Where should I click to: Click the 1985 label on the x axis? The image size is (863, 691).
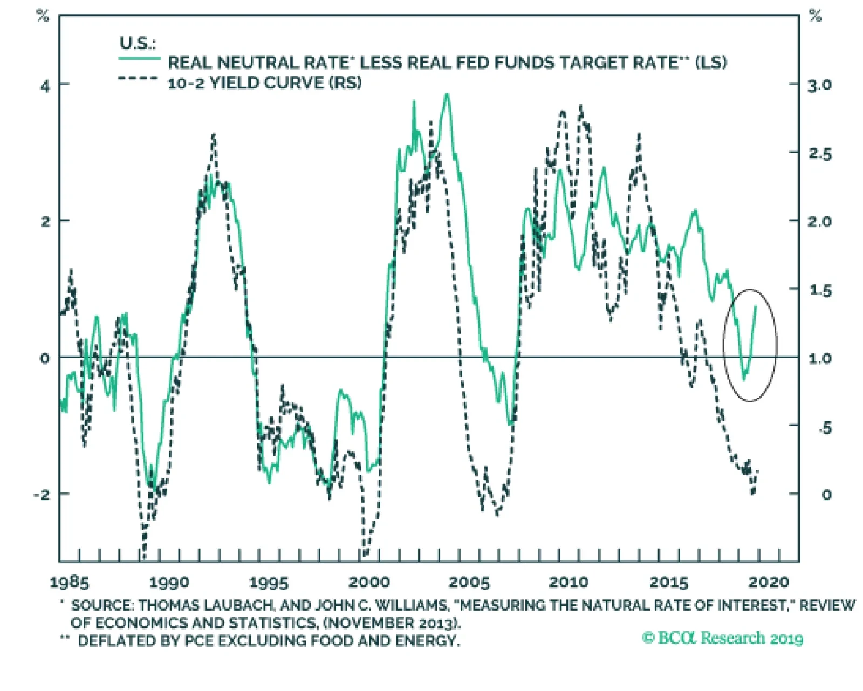pos(69,583)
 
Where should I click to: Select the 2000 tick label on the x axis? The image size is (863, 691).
pos(369,583)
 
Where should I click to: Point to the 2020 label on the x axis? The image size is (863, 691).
pos(769,583)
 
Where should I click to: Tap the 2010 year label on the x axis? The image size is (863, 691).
pos(569,583)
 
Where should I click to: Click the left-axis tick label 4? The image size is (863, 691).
pos(45,86)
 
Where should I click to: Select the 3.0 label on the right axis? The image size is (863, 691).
pos(819,85)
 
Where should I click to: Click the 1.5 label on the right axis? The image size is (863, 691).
pos(820,290)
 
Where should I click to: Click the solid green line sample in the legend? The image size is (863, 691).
pos(139,58)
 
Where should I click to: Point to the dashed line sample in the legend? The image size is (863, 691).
pos(138,79)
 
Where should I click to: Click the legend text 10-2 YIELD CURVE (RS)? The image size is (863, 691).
pos(264,83)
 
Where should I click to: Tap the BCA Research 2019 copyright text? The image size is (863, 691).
pos(722,638)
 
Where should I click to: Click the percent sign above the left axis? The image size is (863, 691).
pos(43,16)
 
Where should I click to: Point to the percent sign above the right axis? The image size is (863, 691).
pos(816,16)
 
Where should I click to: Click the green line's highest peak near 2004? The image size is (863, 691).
pos(447,95)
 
